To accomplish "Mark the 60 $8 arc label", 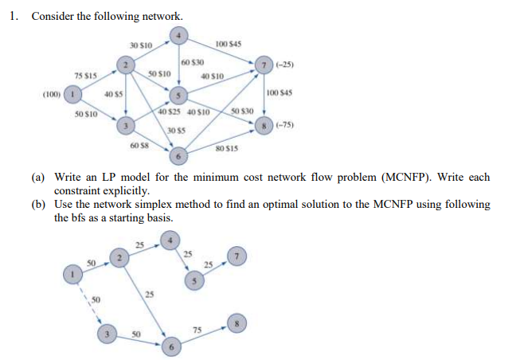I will (x=138, y=145).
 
